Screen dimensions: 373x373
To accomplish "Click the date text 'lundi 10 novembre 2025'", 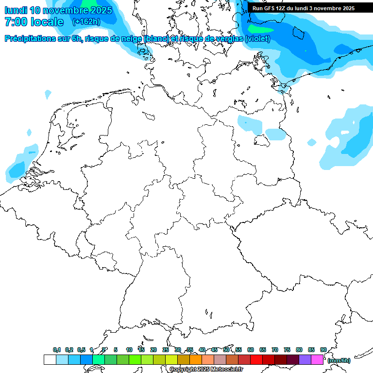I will click(x=58, y=10).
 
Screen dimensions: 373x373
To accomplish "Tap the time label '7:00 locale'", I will click(x=34, y=22).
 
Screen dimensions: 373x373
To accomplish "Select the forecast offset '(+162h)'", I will click(x=86, y=22).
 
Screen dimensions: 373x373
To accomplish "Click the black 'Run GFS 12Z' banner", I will click(x=303, y=8).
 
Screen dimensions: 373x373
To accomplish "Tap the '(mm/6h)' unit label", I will click(x=339, y=360).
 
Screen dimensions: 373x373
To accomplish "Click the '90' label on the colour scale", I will click(x=323, y=350).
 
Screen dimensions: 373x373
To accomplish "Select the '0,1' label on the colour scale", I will click(x=57, y=350).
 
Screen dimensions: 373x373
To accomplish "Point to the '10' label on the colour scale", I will click(x=129, y=350).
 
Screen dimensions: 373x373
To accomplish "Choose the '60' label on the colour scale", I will click(x=251, y=350).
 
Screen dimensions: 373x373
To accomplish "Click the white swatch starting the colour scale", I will click(x=50, y=359).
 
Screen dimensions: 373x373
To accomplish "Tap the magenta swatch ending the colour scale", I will click(x=317, y=359).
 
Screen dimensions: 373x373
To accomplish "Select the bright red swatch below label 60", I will click(x=256, y=359).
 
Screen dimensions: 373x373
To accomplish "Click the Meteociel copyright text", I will click(x=206, y=369).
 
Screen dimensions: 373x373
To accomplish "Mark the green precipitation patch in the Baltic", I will click(x=261, y=29).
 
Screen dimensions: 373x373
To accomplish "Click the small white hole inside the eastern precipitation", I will click(x=345, y=132).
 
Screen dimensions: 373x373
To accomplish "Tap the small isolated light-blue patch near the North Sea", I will click(x=48, y=93).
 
